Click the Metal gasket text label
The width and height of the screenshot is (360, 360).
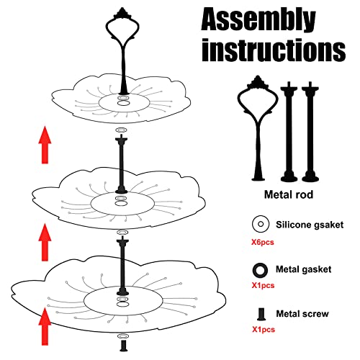[303, 269]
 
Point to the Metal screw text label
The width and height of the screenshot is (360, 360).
[301, 313]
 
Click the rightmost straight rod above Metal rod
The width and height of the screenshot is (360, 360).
[310, 130]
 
